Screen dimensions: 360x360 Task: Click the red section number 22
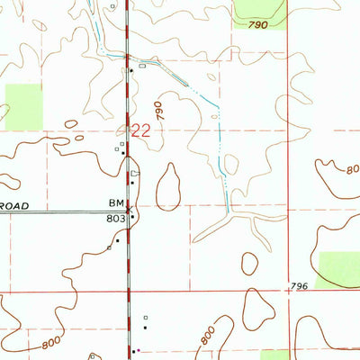coord(140,130)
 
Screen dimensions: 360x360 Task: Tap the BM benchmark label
coord(116,205)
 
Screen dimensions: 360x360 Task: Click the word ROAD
coord(14,206)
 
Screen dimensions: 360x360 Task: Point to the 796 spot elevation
coord(301,286)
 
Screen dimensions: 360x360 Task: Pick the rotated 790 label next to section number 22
coord(162,110)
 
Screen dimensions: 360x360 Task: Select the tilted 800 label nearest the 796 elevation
coord(208,336)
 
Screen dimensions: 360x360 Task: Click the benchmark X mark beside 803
coord(130,211)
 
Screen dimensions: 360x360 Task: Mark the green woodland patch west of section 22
coord(24,106)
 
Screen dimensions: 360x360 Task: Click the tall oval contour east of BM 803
coord(168,186)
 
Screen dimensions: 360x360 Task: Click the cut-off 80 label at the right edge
coord(352,168)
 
